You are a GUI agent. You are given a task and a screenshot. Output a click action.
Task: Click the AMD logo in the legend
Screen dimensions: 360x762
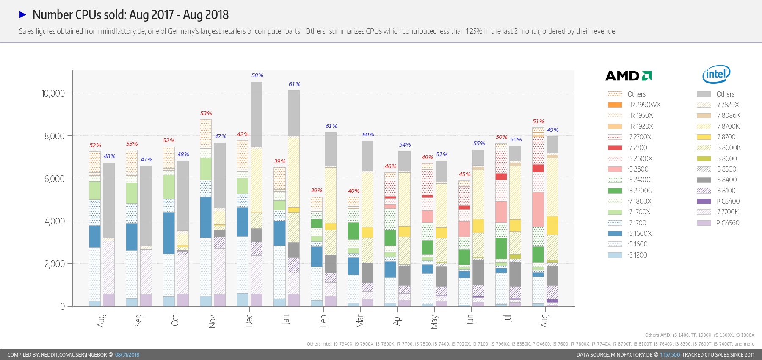tap(628, 76)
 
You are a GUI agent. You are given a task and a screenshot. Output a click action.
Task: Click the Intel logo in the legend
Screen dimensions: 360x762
tap(716, 75)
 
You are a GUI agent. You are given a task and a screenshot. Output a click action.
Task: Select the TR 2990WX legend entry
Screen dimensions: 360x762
tap(643, 105)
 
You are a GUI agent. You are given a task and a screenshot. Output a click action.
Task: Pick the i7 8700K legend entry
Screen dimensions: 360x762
tap(728, 126)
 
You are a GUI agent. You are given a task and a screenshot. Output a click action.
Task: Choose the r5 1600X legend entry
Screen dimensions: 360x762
tap(639, 233)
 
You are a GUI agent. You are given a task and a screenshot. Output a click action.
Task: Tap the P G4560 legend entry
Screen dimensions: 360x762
tap(727, 223)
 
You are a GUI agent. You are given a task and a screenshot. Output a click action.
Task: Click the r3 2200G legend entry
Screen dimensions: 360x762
tap(639, 191)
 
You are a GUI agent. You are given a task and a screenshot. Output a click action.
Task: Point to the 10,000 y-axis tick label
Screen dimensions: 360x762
tap(53, 93)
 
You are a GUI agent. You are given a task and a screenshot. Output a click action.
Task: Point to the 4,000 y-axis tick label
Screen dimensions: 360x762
tap(55, 221)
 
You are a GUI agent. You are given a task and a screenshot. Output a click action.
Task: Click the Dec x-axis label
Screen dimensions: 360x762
tap(249, 320)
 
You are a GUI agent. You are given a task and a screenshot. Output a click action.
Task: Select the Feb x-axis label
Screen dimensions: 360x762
tap(323, 320)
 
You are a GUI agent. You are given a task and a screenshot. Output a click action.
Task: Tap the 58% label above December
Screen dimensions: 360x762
tap(257, 75)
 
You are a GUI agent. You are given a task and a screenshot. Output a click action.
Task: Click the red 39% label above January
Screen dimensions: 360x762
tap(280, 161)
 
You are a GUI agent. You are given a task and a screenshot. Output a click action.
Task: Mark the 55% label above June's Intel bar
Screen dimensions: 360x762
tap(479, 144)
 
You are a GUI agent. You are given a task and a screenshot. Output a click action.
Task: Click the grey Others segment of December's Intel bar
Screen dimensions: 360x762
tap(257, 114)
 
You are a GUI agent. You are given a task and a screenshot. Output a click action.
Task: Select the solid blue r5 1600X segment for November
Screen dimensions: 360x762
tap(206, 217)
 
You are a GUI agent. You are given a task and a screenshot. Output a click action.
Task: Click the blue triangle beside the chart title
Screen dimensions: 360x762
tap(23, 15)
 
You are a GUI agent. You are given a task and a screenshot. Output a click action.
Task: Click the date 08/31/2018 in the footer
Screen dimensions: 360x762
tap(127, 355)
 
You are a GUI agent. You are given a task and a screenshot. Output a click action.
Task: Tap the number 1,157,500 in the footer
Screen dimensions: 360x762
tap(670, 355)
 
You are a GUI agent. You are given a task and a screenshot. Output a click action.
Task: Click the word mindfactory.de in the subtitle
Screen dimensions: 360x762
tap(123, 31)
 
